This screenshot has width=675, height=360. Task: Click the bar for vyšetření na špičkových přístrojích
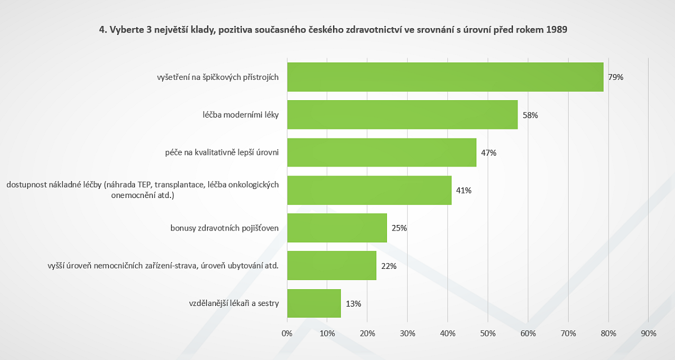coord(445,77)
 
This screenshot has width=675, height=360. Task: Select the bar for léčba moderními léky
coord(402,115)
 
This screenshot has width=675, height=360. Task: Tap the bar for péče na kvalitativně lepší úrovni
coord(381,152)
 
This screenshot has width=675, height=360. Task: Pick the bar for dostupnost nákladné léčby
coord(369,190)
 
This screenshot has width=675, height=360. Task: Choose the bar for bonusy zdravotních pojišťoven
coord(337,228)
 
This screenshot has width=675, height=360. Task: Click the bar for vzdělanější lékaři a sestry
coord(314,303)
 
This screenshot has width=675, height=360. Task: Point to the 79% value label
coord(615,77)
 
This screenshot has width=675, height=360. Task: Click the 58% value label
coord(530,115)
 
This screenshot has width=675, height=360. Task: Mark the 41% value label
coord(463,190)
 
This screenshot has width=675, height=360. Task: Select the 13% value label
coord(353,303)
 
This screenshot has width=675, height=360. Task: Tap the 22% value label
coord(389,265)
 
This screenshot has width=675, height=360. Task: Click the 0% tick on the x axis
coord(287,334)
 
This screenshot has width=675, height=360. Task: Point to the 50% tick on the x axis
coord(488,334)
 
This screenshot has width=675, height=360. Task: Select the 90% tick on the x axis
coord(649,334)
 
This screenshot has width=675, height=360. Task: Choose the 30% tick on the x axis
coord(407,334)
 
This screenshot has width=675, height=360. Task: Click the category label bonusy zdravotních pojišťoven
coord(225,228)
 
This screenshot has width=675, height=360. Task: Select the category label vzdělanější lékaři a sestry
coord(234,303)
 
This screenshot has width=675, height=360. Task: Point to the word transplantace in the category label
coord(181,184)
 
